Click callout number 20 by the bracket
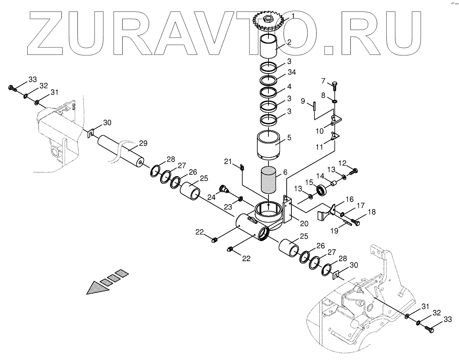coord(304,223)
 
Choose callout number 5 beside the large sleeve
coord(289,138)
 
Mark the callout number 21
coord(227,161)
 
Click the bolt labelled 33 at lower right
coord(429,328)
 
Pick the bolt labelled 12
coord(354,171)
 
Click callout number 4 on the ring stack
coord(290,86)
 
